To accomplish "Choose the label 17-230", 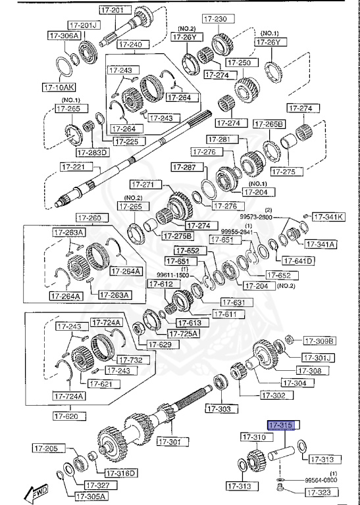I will click(x=215, y=19).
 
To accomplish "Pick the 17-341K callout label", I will click(x=328, y=216).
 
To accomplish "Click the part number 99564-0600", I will click(x=320, y=480).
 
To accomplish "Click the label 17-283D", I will click(x=92, y=153).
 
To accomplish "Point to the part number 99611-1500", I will click(x=171, y=276).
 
